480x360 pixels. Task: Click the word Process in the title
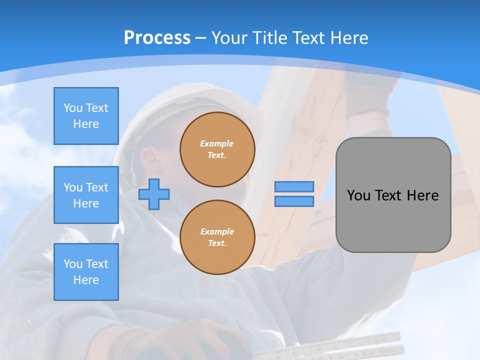[157, 37]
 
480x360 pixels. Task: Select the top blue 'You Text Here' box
[86, 116]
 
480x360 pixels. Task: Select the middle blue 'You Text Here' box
[86, 195]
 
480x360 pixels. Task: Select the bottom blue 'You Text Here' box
[86, 272]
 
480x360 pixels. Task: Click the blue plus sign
[154, 194]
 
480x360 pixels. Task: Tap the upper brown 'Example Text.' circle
[217, 149]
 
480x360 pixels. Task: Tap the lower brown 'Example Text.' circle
[217, 237]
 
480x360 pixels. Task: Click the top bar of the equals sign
[294, 186]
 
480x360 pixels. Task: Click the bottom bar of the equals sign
[294, 201]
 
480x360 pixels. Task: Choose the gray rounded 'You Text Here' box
[393, 195]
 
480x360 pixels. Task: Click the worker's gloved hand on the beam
[367, 95]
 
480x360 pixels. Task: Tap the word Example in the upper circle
[216, 143]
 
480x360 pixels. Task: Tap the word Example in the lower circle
[216, 231]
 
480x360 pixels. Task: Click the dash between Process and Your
[201, 38]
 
